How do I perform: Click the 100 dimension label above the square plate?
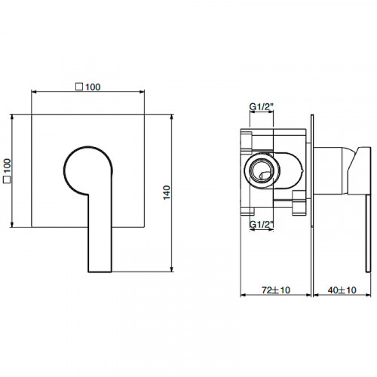93,87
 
